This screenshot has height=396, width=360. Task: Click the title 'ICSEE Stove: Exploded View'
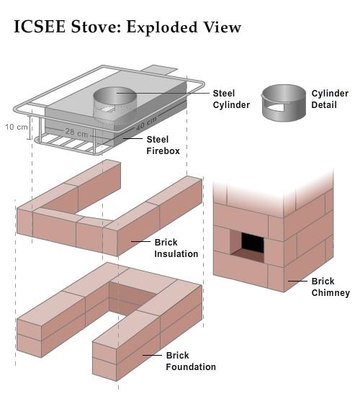coord(127,27)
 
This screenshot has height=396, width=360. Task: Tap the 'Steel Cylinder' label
coord(231,99)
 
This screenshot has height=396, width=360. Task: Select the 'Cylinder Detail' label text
coord(330,99)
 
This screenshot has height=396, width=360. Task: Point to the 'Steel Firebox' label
coord(163,145)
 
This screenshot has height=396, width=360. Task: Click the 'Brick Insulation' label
coord(176,248)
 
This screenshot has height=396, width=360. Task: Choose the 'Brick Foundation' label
coord(190,361)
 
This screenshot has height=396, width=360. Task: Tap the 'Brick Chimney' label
coord(330,287)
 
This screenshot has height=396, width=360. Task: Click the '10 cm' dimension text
coord(16,127)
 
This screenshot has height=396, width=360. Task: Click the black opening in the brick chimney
coord(252,243)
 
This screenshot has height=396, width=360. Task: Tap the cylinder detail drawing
coord(283,103)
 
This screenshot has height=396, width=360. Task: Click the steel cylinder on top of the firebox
coord(115,103)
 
